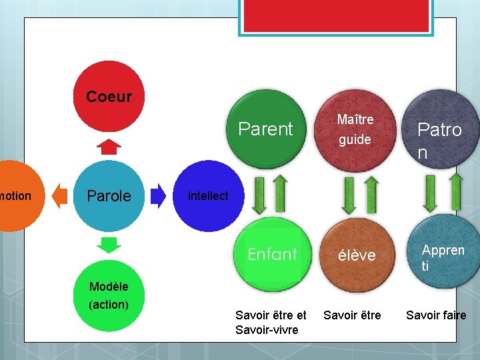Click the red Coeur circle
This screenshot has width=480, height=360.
[109, 97]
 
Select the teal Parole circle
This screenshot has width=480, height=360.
[109, 196]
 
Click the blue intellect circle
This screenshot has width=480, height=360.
[208, 196]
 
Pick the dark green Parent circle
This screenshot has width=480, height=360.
[266, 129]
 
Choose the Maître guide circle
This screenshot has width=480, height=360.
[355, 129]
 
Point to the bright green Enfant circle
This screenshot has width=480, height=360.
[272, 255]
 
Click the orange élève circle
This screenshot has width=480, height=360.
[357, 255]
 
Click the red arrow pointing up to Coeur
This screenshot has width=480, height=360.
[109, 146]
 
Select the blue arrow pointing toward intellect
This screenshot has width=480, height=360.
[159, 195]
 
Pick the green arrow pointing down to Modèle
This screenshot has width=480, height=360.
[109, 244]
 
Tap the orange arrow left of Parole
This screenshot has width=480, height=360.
[60, 195]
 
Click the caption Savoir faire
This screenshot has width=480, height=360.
[436, 315]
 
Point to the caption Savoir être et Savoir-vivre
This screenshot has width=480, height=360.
[271, 323]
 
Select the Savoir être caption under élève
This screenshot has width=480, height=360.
[352, 315]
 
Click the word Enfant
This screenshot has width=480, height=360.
[272, 254]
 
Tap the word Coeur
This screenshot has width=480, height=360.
[109, 97]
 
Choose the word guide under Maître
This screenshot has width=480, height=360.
[355, 140]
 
